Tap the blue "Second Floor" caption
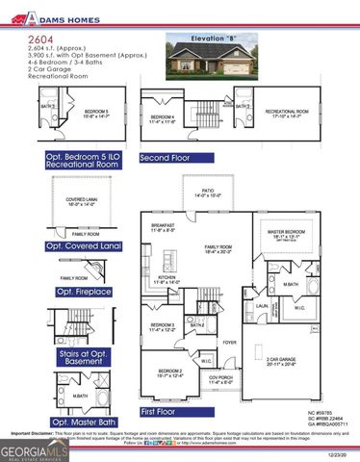click(169, 157)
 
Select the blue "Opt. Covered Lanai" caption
click(88, 246)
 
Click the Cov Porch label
click(221, 378)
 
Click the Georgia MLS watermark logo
click(30, 449)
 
